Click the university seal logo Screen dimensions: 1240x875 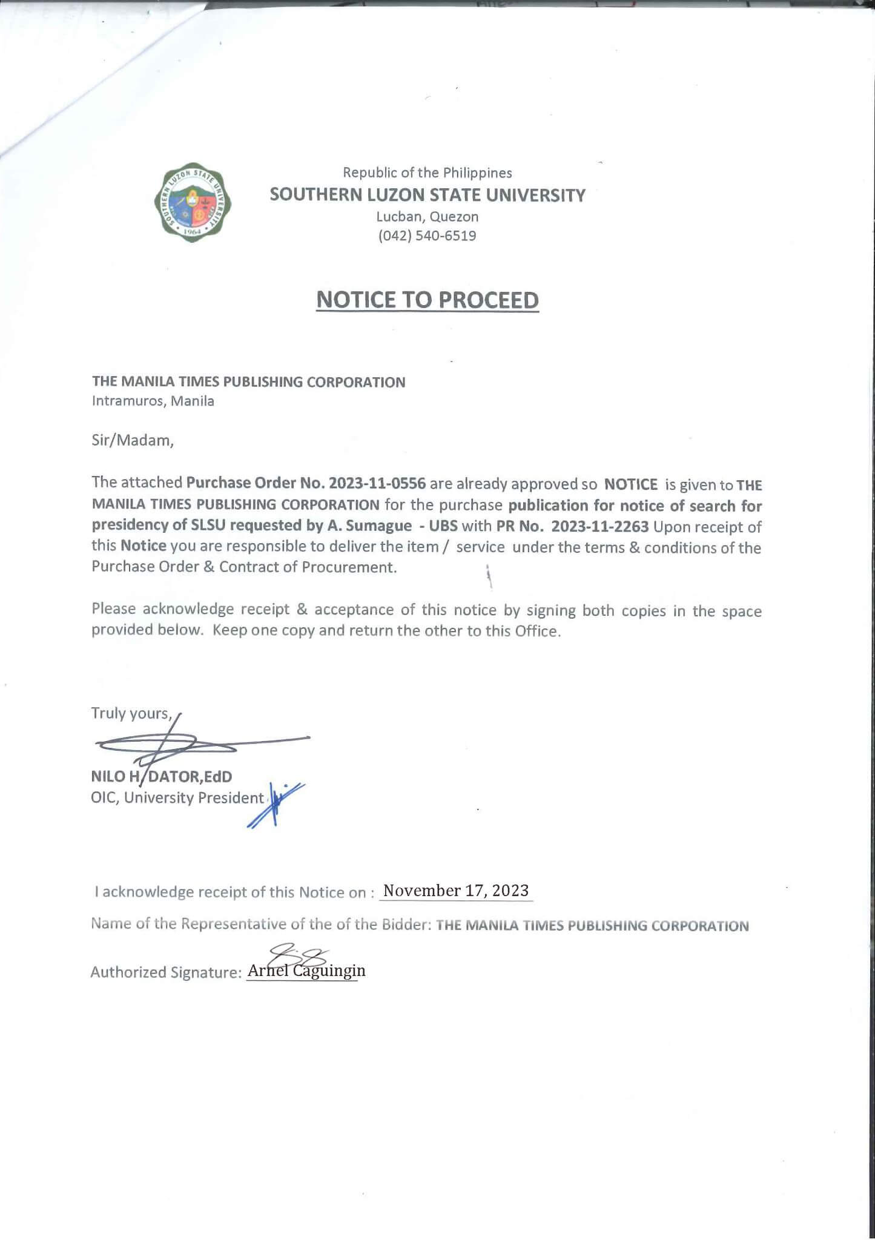pos(192,203)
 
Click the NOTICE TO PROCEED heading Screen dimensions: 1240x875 pos(427,300)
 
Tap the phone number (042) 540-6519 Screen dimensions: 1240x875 pos(427,236)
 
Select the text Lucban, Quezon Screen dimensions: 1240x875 pos(427,217)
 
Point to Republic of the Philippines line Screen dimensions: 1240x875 pos(427,173)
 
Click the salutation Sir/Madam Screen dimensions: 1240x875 pos(133,440)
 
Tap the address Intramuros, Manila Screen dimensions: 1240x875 pos(153,401)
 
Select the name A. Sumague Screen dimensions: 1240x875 pos(378,526)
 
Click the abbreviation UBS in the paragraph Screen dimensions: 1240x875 pos(443,526)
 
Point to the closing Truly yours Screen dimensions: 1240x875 pos(131,713)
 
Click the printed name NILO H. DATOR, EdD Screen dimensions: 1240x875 pos(161,776)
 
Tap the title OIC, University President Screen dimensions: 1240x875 pos(177,798)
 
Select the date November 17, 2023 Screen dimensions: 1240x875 pos(456,891)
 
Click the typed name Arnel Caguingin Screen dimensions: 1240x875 pos(306,971)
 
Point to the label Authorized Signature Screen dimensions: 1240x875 pos(166,972)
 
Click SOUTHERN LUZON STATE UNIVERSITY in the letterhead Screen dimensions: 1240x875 pos(427,195)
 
